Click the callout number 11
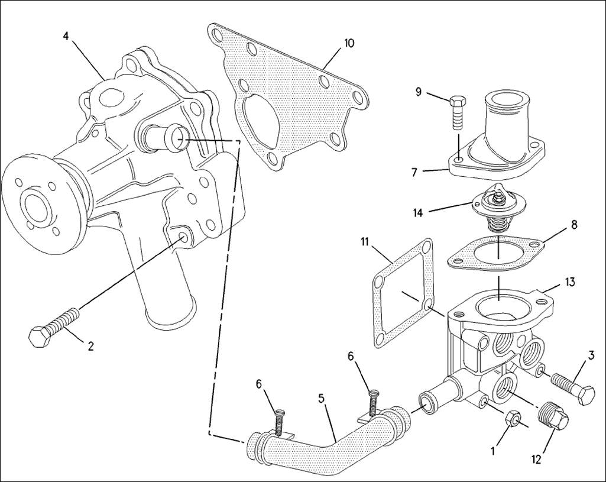[365, 242]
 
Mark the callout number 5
[322, 399]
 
